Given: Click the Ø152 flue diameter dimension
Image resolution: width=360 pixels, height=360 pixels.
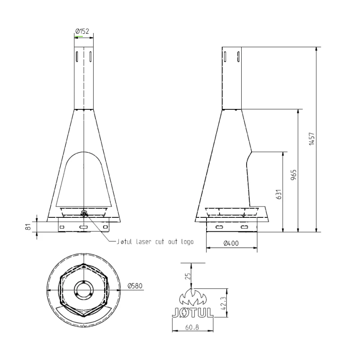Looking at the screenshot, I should point(82,31).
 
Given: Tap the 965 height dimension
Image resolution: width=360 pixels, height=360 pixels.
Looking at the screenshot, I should point(293,175).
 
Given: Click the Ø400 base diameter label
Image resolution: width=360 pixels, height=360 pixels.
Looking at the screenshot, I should point(231,243).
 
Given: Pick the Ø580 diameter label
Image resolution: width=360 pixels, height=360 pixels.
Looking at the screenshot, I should point(135,286).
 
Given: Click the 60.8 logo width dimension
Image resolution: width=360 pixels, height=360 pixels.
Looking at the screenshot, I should point(193,327).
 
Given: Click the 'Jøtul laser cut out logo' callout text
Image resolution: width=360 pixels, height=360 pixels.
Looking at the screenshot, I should point(154,242).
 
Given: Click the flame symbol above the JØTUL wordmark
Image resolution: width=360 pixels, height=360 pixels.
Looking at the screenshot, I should point(193,297).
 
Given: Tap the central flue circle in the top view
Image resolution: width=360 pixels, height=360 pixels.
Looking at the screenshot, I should point(84,290).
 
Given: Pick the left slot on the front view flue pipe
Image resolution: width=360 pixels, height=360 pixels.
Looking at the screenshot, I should point(77,56).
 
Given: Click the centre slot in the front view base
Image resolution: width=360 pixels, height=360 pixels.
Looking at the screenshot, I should point(84,228).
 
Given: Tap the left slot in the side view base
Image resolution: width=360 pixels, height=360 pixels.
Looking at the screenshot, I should point(219,228).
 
